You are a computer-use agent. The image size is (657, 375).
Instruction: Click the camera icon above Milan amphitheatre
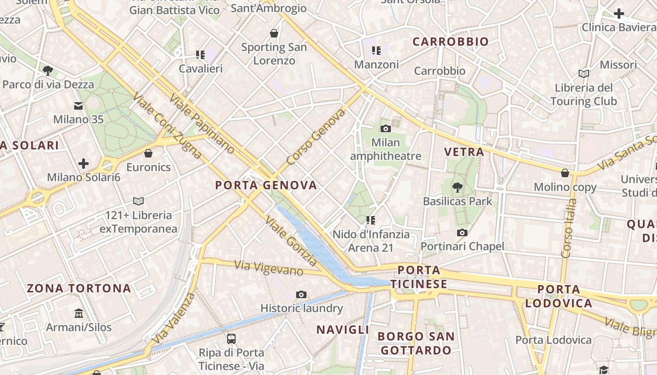[x=386, y=128]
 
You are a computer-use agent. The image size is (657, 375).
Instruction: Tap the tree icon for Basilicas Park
[x=457, y=187]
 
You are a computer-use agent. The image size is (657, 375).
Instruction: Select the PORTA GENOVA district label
[x=266, y=185]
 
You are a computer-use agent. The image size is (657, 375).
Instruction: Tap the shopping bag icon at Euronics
[x=148, y=153]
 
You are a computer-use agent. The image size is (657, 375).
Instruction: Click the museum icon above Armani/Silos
[x=79, y=313]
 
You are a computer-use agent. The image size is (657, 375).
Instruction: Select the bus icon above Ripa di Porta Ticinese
[x=231, y=338]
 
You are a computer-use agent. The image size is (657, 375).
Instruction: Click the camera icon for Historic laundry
[x=301, y=294]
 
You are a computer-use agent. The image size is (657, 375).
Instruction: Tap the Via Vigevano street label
[x=269, y=269]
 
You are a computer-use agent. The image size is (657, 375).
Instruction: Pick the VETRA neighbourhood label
[x=464, y=151]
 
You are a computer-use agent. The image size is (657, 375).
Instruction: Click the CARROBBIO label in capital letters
[x=451, y=42]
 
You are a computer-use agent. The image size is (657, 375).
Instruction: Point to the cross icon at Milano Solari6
[x=84, y=164]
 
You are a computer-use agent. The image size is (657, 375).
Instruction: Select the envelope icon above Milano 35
[x=78, y=106]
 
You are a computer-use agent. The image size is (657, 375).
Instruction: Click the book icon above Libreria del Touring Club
[x=584, y=74]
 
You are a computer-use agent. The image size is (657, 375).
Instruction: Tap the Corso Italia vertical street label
[x=568, y=228]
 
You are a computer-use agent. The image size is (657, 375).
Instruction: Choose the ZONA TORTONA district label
[x=79, y=288]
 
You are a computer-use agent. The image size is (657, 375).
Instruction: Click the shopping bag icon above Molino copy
[x=565, y=173]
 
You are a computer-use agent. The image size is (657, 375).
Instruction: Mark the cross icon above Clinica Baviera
[x=619, y=14]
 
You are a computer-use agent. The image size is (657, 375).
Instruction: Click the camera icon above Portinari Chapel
[x=462, y=232]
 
